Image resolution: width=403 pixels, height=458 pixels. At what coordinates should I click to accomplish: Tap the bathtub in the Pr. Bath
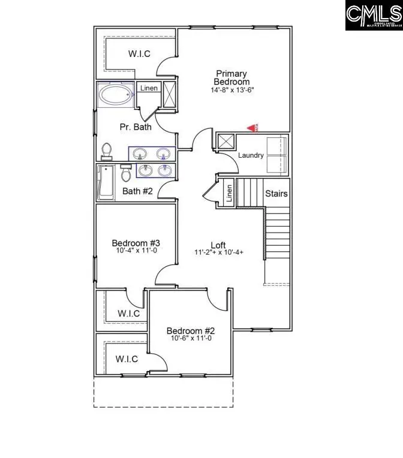click(116, 95)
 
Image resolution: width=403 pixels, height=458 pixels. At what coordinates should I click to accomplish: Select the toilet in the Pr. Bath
click(107, 150)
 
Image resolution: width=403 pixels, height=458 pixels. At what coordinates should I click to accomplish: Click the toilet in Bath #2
click(126, 174)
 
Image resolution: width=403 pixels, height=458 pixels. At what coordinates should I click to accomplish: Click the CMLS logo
click(373, 16)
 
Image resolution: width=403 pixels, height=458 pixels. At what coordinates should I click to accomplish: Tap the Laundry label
click(251, 155)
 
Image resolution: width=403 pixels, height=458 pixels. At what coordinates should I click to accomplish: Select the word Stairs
click(276, 194)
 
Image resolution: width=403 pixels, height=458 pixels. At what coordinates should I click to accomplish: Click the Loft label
click(218, 245)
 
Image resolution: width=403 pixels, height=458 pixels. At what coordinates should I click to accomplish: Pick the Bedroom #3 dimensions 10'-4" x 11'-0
click(136, 251)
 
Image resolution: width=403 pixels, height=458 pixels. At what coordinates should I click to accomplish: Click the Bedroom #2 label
click(191, 331)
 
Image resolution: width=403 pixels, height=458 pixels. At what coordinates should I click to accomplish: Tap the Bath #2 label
click(138, 191)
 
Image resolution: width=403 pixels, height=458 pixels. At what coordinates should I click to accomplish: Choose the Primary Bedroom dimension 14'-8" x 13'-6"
click(233, 91)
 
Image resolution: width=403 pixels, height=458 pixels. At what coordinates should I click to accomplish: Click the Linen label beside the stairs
click(228, 193)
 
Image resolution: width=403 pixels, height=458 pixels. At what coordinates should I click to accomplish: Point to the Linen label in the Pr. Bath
click(149, 88)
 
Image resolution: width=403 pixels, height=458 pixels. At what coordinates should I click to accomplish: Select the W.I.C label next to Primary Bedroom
click(139, 54)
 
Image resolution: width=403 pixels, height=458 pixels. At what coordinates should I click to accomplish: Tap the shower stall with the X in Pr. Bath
click(170, 94)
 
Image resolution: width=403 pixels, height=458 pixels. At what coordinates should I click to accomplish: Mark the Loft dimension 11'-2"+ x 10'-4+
click(219, 253)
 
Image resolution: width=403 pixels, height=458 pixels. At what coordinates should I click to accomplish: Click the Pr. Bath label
click(136, 126)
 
